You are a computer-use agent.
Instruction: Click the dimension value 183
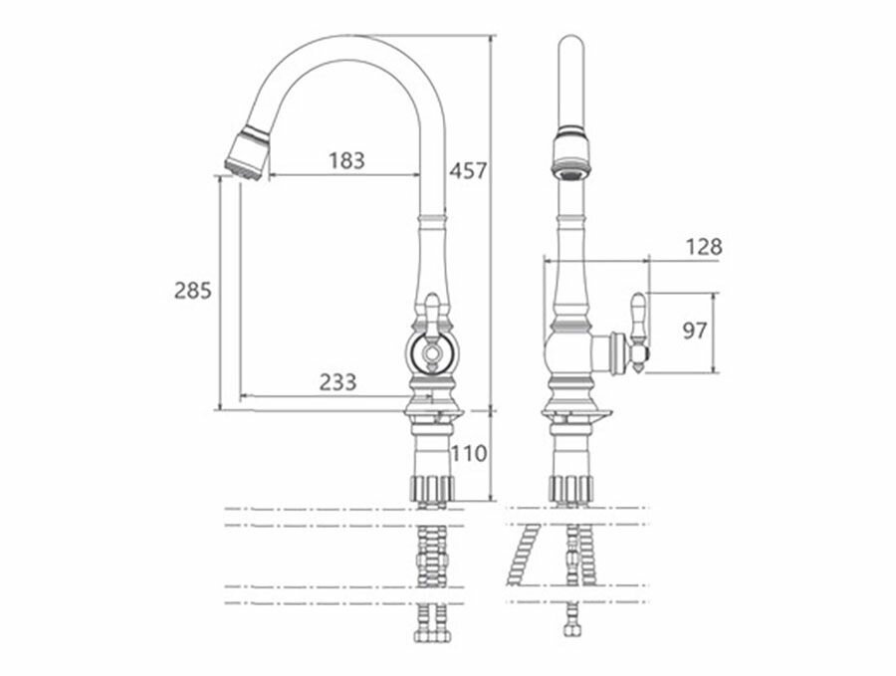(x=345, y=159)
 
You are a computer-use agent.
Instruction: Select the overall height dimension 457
(x=468, y=170)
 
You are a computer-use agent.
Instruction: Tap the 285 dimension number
(x=193, y=291)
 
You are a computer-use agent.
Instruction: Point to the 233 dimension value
(x=338, y=380)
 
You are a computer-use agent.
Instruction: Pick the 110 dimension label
(x=468, y=454)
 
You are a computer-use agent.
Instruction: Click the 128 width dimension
(x=704, y=246)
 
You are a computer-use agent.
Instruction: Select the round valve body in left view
(x=432, y=350)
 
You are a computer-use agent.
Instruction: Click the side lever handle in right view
(x=638, y=329)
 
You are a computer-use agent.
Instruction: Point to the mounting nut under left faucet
(x=432, y=488)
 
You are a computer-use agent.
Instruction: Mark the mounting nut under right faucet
(x=570, y=488)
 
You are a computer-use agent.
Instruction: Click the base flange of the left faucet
(x=432, y=409)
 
